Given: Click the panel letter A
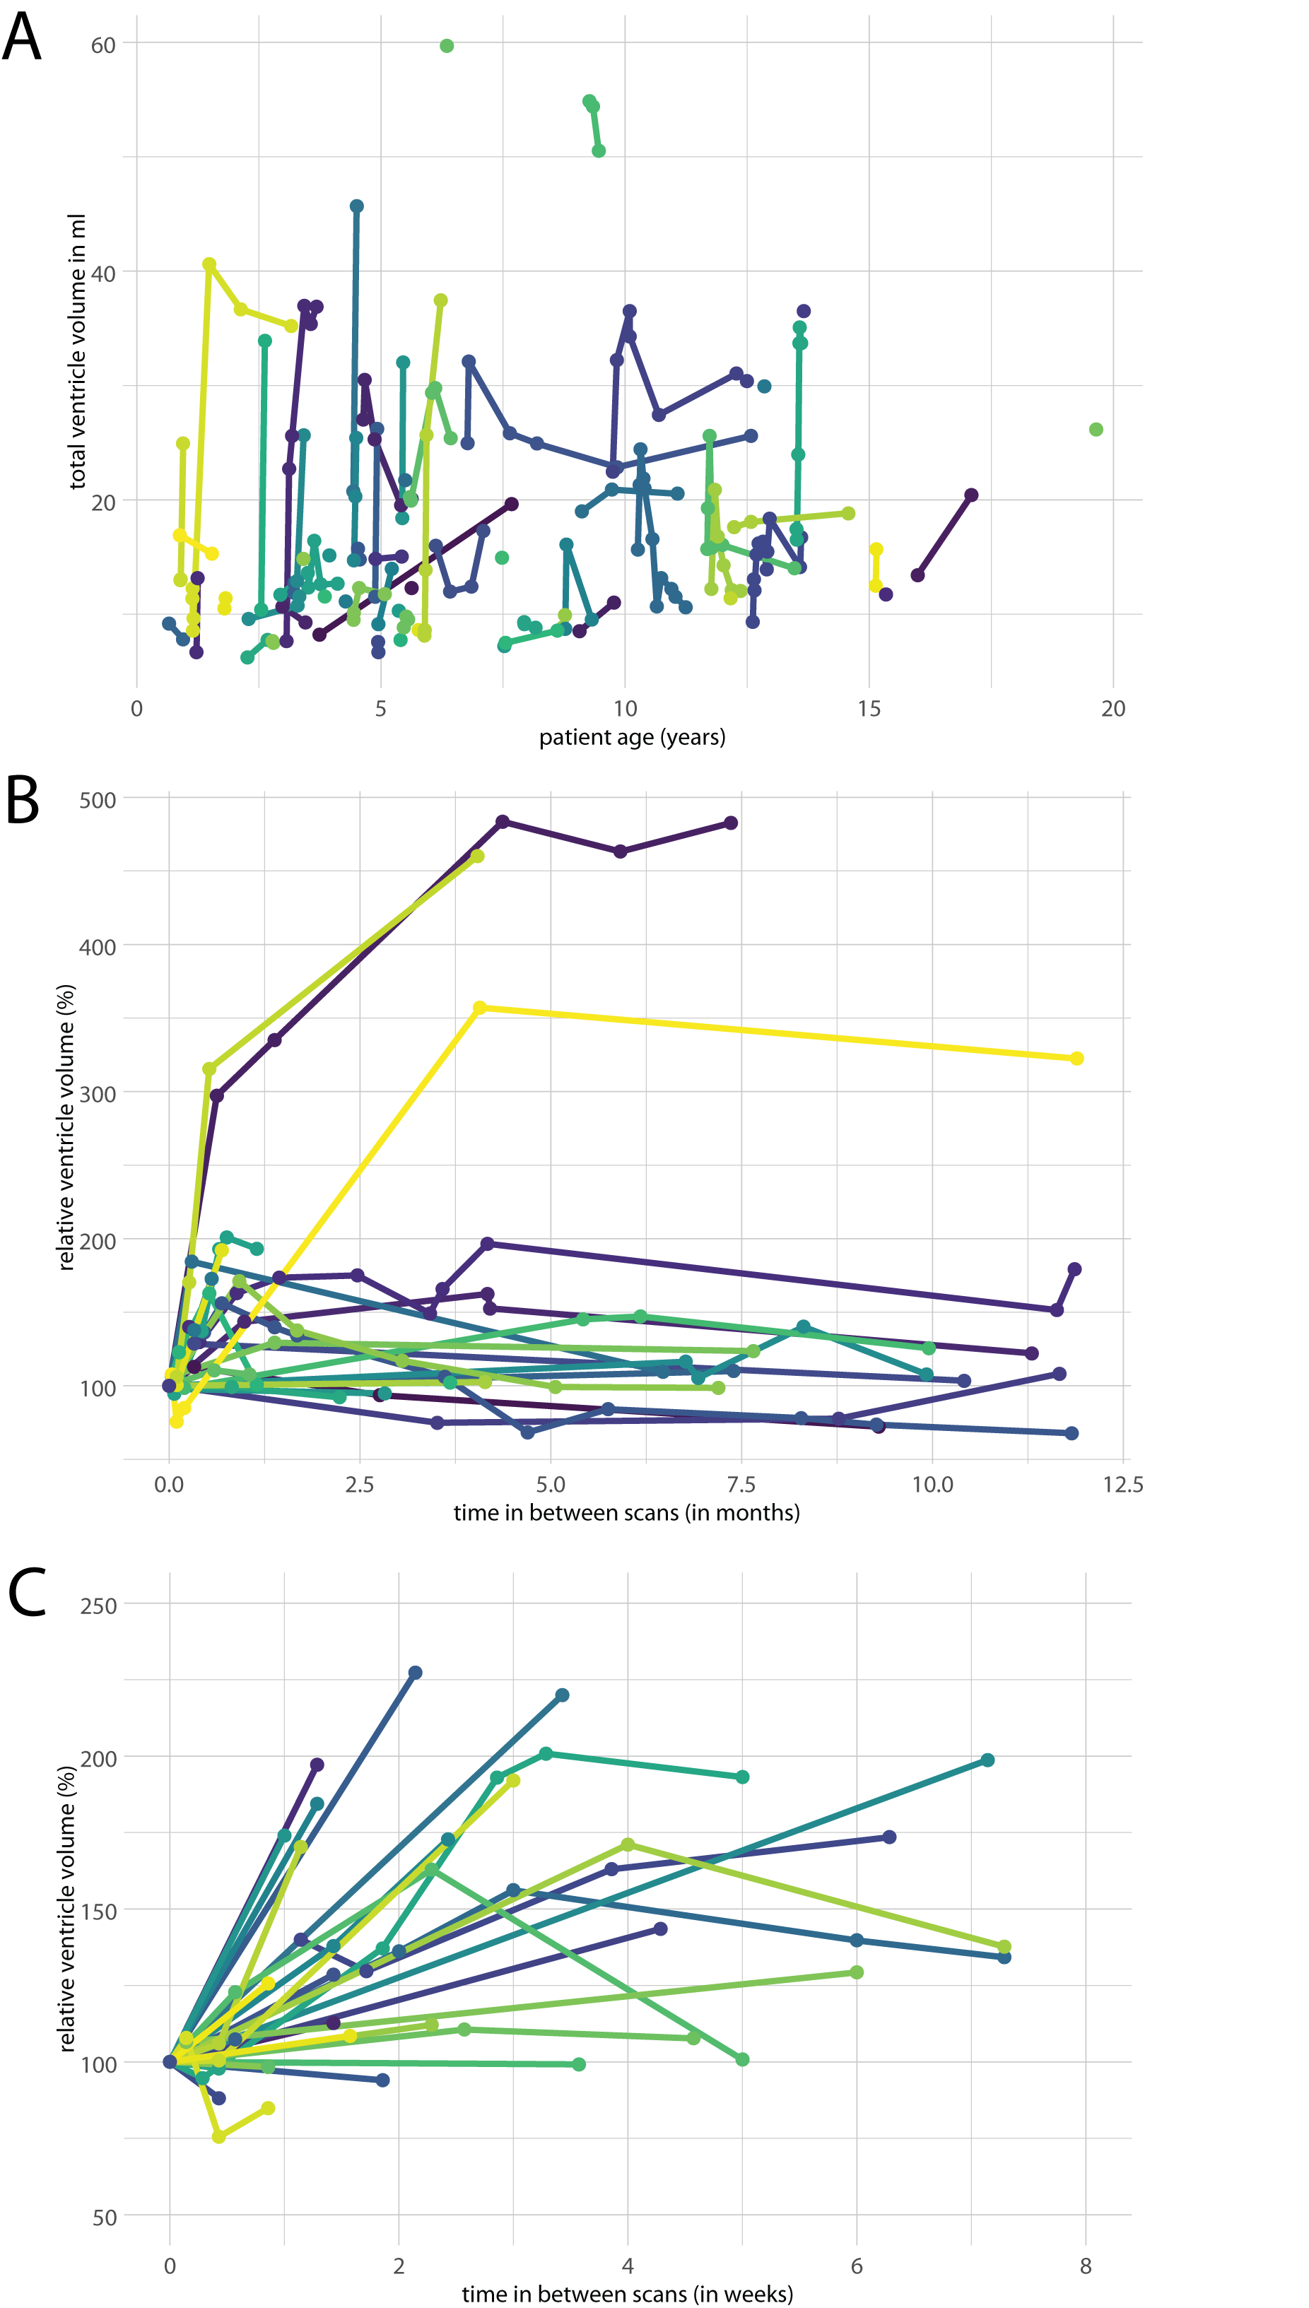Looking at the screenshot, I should point(22,37).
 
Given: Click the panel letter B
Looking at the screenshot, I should point(23,799).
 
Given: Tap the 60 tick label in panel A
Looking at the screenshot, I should point(103,45).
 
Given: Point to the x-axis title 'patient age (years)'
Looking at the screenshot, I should point(632,737).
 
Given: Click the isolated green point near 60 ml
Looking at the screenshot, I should point(447,46).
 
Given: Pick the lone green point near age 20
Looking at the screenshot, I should point(1096,430).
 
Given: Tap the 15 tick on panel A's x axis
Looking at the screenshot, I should point(869,708).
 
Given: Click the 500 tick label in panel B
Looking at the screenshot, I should point(98,800).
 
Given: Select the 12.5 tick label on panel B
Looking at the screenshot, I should point(1123,1484).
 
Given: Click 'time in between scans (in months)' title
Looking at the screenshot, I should point(627,1512).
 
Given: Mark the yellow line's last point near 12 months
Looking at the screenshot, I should point(1077,1059).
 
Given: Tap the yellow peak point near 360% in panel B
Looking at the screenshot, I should point(479,1008).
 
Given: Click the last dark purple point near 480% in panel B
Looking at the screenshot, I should point(731,823).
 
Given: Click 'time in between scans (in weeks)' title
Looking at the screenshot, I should point(628,2295).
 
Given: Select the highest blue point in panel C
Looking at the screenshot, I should point(416,1673).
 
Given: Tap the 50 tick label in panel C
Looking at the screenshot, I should point(105,2218).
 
